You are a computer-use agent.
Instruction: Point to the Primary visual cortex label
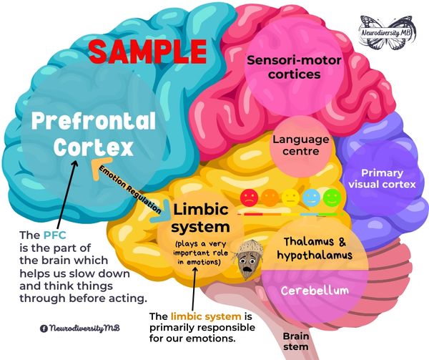click(x=382, y=179)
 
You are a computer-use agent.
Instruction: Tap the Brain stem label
click(x=295, y=339)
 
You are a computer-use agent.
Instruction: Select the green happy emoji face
click(x=330, y=196)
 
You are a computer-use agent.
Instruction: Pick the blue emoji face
click(x=311, y=197)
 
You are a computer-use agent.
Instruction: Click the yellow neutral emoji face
click(x=290, y=197)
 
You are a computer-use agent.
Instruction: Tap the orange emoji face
click(x=270, y=197)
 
